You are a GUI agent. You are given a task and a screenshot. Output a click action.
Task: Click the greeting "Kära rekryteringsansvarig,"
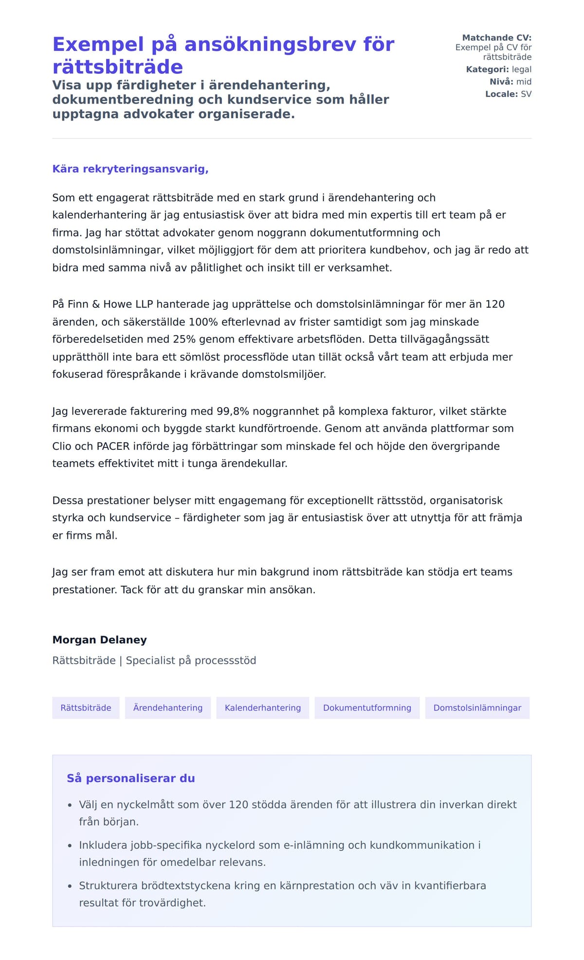(x=130, y=169)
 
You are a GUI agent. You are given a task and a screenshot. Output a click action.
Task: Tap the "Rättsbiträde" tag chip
(x=86, y=708)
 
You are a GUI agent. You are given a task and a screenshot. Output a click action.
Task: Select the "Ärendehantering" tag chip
(x=168, y=708)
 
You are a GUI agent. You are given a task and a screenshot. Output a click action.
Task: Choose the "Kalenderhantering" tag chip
(x=263, y=708)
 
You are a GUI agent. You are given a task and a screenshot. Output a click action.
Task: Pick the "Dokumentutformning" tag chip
(x=367, y=708)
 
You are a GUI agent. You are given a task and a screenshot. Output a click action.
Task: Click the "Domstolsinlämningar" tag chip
(x=477, y=708)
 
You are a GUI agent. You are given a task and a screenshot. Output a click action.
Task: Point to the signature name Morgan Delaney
(x=99, y=640)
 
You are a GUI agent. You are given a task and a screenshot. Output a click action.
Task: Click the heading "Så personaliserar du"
(x=130, y=778)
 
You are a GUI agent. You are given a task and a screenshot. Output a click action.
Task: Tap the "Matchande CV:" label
(x=496, y=37)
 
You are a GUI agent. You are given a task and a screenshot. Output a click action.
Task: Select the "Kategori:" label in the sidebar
(x=487, y=70)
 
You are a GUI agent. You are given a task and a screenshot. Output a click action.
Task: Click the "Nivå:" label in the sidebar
(x=501, y=82)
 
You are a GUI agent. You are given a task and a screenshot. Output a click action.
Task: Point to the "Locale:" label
(x=501, y=94)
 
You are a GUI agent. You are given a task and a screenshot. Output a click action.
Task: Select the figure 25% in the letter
(x=184, y=339)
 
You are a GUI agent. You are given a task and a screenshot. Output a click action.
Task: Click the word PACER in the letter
(x=114, y=446)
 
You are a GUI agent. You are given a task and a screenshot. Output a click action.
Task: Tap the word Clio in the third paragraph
(x=62, y=446)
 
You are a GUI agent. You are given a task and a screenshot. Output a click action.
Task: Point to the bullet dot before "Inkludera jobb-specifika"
(x=70, y=846)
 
